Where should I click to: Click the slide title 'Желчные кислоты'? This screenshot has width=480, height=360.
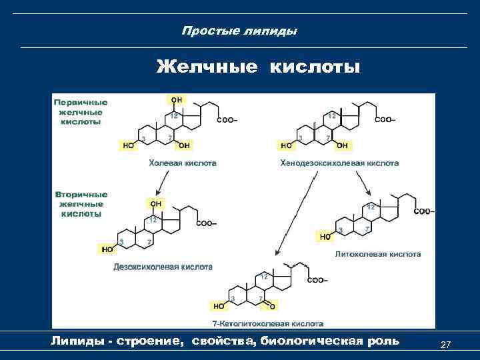[x=258, y=67]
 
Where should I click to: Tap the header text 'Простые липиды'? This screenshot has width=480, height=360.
[x=239, y=31]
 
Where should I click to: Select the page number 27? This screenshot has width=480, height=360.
[x=446, y=344]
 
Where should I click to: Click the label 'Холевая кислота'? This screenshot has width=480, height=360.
[x=182, y=163]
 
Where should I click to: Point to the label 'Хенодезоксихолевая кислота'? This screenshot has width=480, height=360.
[x=340, y=163]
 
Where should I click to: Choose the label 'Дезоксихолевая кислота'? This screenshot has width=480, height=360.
[x=163, y=267]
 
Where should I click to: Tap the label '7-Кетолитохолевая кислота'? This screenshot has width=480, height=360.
[x=267, y=323]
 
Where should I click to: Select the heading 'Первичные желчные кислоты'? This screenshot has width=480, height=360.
[x=81, y=112]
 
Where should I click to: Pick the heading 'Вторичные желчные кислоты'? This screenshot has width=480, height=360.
[x=81, y=204]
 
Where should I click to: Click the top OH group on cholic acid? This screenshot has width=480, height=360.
[x=177, y=100]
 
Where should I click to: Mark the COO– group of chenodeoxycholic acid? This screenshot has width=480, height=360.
[x=385, y=120]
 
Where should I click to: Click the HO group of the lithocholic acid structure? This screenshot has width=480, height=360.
[x=325, y=236]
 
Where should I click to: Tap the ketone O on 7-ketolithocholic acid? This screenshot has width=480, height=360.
[x=273, y=306]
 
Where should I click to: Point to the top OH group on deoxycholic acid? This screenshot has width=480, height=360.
[x=155, y=203]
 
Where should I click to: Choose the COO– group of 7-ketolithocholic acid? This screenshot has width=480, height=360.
[x=317, y=280]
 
